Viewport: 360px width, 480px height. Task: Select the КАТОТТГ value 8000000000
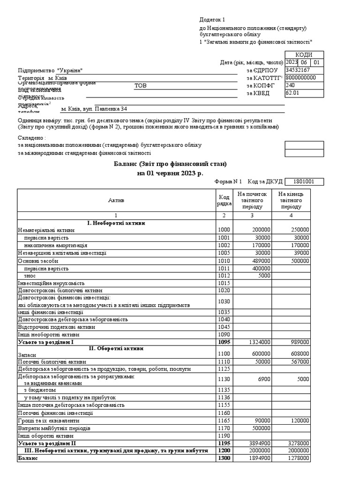coord(300,78)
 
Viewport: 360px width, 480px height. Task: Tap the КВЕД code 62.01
coord(292,93)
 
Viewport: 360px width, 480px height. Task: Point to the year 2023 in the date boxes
coord(291,62)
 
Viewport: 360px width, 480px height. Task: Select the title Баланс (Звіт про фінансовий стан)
coord(170,164)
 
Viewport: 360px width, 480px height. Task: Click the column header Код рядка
coord(224,200)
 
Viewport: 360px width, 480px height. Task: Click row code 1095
coord(224,343)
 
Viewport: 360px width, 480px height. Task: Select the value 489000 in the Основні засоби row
coord(261,261)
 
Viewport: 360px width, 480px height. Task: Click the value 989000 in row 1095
coord(300,343)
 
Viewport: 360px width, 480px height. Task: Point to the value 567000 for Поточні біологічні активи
coord(300,361)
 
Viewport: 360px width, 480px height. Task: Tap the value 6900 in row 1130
coord(263,379)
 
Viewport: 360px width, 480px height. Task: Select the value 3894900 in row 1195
coord(259,443)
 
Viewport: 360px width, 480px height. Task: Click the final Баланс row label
coord(27,458)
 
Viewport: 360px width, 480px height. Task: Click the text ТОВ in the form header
coord(140,86)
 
